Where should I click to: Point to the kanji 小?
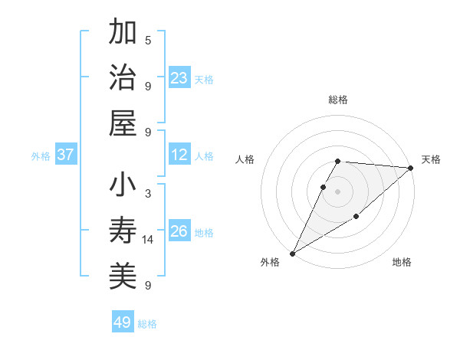tap(123, 186)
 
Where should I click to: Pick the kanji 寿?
tap(123, 231)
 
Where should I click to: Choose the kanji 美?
tap(123, 277)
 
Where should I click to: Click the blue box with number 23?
tap(179, 78)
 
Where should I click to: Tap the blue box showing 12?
tap(179, 155)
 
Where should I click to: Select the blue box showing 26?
tap(179, 231)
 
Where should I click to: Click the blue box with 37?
tap(66, 155)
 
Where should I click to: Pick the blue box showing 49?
tap(123, 322)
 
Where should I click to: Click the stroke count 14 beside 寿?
tap(148, 240)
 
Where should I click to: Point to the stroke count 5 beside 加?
tap(148, 40)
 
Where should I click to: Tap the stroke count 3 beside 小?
tap(148, 193)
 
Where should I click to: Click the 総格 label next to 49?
tap(147, 324)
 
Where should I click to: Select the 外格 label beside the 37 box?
tap(41, 156)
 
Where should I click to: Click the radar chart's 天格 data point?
tap(411, 169)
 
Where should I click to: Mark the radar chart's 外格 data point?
tap(292, 253)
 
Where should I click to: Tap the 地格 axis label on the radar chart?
tap(402, 263)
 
